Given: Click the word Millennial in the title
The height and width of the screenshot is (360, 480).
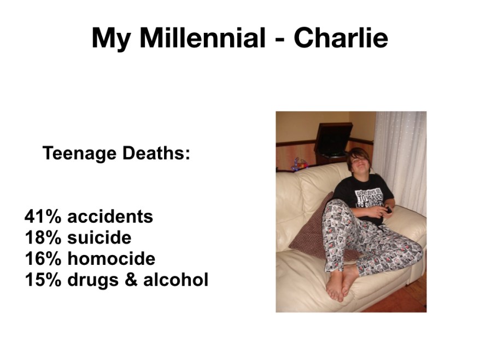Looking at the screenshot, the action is pos(202,38).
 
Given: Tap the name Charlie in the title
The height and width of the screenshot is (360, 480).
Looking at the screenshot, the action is pos(341,38).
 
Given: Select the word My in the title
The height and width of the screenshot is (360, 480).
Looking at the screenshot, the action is pos(111,40).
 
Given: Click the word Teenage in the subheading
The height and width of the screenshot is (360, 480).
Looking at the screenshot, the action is pos(79,153).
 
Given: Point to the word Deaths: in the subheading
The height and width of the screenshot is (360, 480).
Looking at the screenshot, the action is pos(156,153).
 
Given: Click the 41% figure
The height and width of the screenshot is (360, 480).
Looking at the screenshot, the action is pos(43,216).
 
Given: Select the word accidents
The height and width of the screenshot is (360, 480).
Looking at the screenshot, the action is pos(110,216).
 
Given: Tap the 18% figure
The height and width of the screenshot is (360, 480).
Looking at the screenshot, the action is pos(43,237).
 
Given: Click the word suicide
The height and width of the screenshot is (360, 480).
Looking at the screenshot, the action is pos(99,237).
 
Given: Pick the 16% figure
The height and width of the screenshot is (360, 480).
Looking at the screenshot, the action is pos(43,259).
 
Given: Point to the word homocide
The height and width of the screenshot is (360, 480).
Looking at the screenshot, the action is pos(111,259).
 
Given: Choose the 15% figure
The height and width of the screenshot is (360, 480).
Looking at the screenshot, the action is pos(43,280).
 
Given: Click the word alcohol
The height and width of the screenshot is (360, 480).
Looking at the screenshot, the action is pos(175,280).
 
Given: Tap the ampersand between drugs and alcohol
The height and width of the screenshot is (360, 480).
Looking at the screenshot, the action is pos(131,280).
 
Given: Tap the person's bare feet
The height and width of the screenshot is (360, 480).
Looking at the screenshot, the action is pos(340,284).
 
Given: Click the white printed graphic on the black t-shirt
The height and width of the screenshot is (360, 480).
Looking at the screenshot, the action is pos(368,198).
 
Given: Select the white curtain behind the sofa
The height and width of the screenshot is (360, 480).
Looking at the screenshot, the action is pos(400,162).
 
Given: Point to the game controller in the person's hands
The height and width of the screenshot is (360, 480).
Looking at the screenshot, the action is pos(388,210).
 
